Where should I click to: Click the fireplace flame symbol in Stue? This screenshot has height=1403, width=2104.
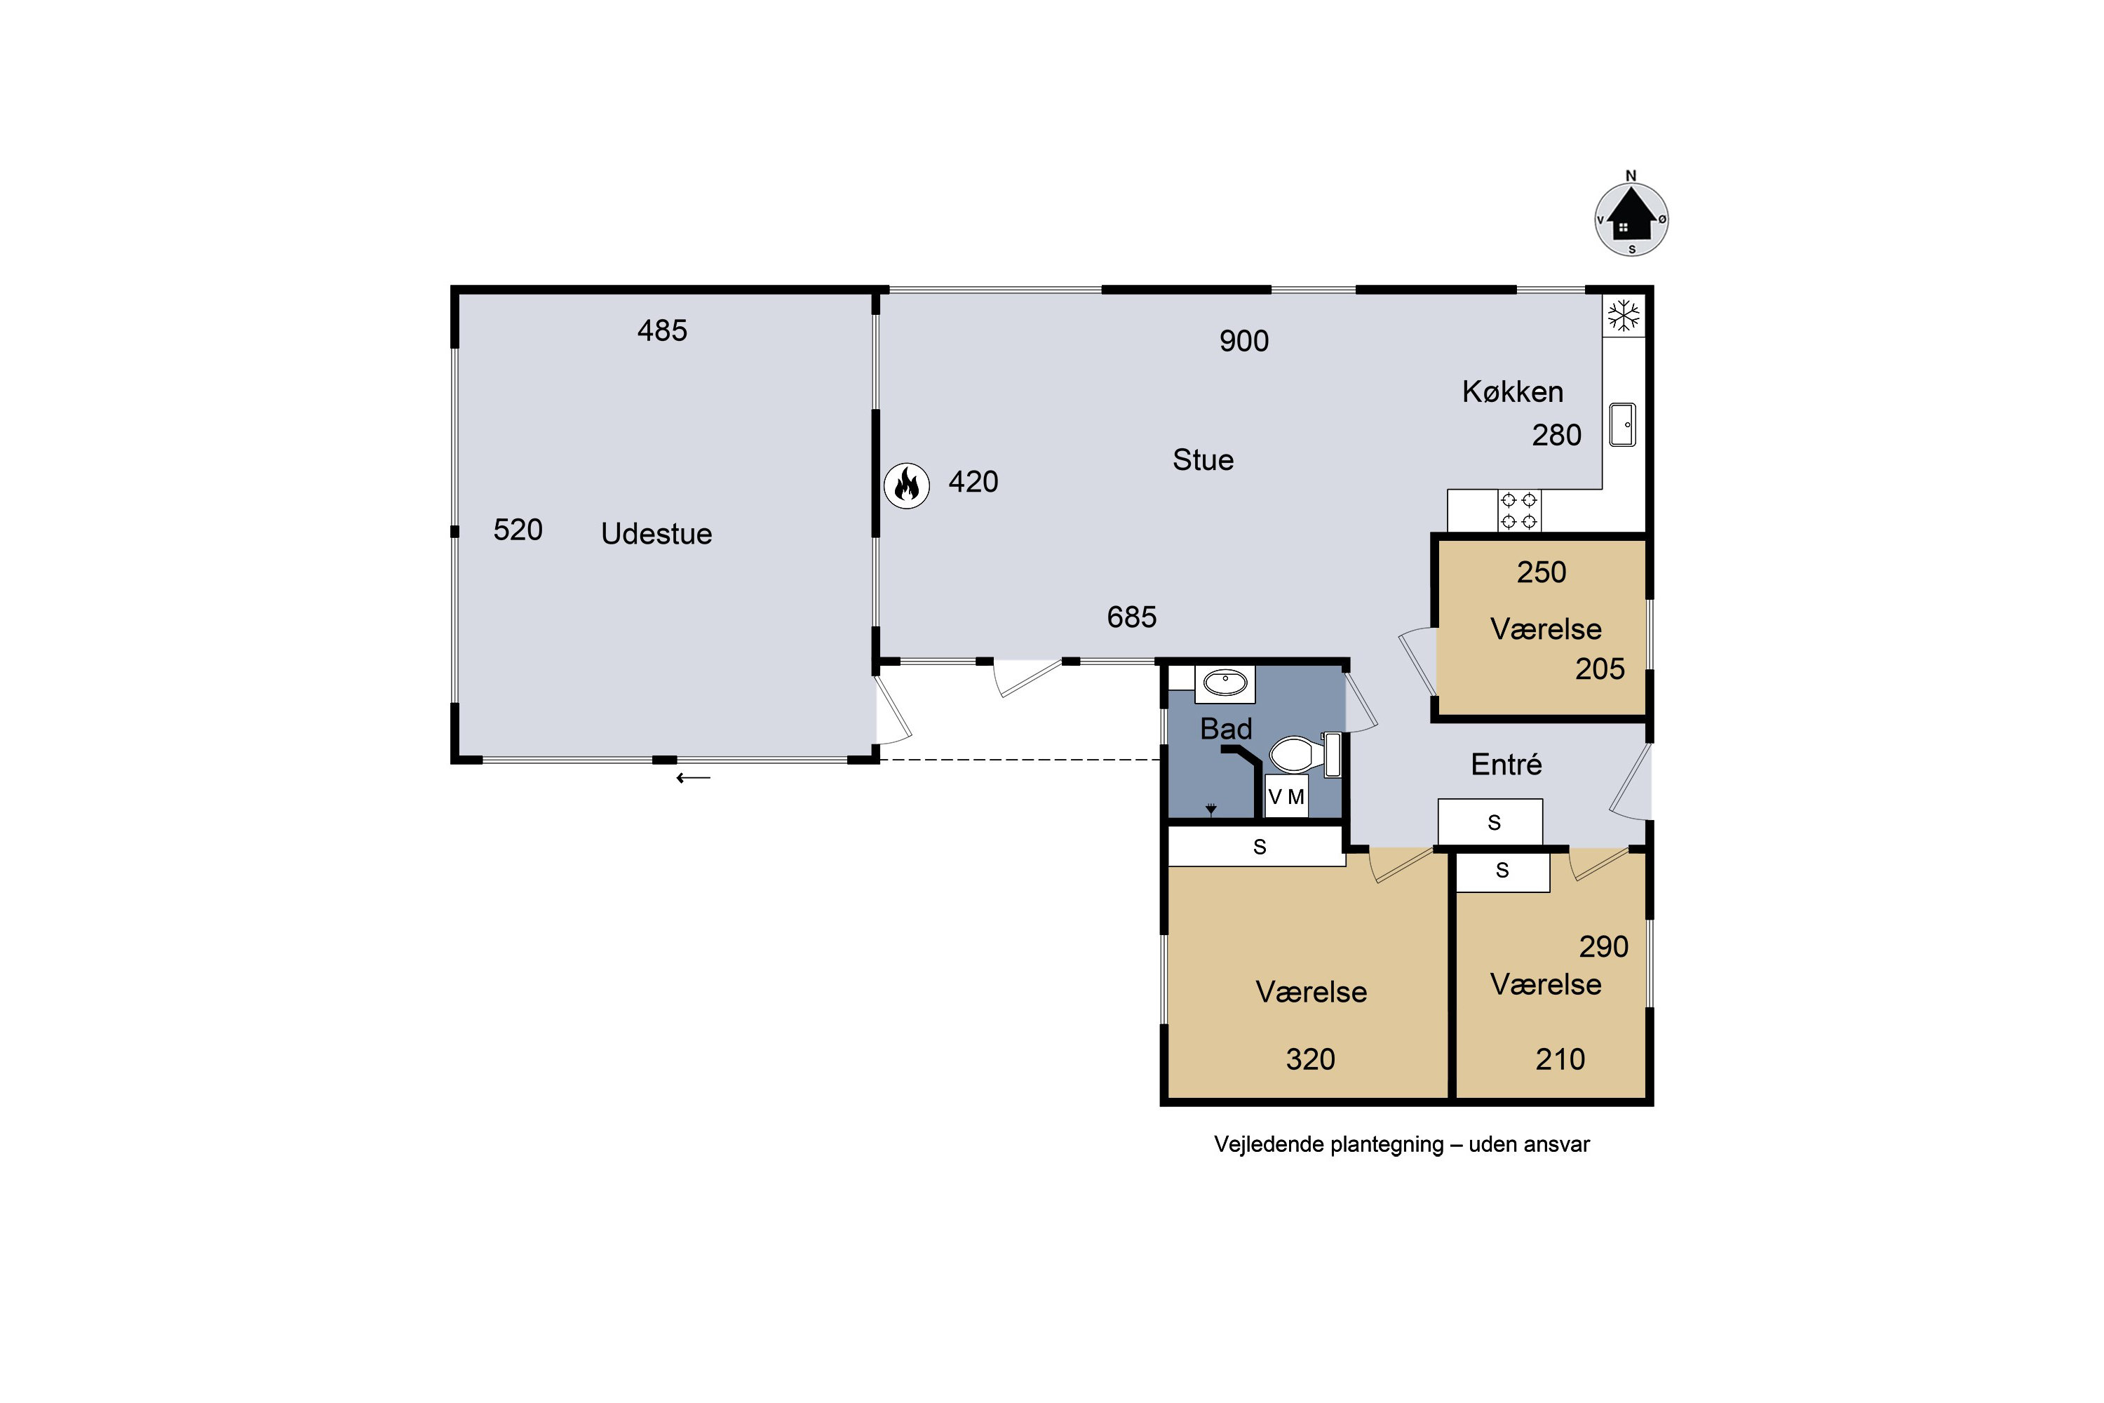click(x=906, y=486)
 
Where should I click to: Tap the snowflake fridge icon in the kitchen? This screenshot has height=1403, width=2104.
click(x=1624, y=316)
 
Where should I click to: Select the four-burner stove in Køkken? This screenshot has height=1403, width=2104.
click(x=1519, y=510)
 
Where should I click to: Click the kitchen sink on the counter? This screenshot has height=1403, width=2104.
click(x=1623, y=424)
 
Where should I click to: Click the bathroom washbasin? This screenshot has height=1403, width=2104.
click(x=1225, y=683)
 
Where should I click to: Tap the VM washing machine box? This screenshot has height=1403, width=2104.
click(x=1286, y=796)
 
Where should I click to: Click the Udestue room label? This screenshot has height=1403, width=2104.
click(x=656, y=533)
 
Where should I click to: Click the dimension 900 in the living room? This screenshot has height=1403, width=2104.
click(x=1243, y=341)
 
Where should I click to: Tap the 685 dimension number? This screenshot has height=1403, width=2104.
click(x=1132, y=617)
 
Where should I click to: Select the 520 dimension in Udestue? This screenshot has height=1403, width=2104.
click(x=518, y=530)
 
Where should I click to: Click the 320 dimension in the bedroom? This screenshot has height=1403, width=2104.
click(x=1311, y=1059)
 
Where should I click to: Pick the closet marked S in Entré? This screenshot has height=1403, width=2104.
click(x=1490, y=822)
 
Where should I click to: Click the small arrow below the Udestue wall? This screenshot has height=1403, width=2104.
click(x=694, y=779)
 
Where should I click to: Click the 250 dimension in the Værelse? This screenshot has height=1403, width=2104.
click(x=1542, y=572)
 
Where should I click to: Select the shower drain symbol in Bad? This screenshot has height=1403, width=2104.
click(x=1211, y=810)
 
